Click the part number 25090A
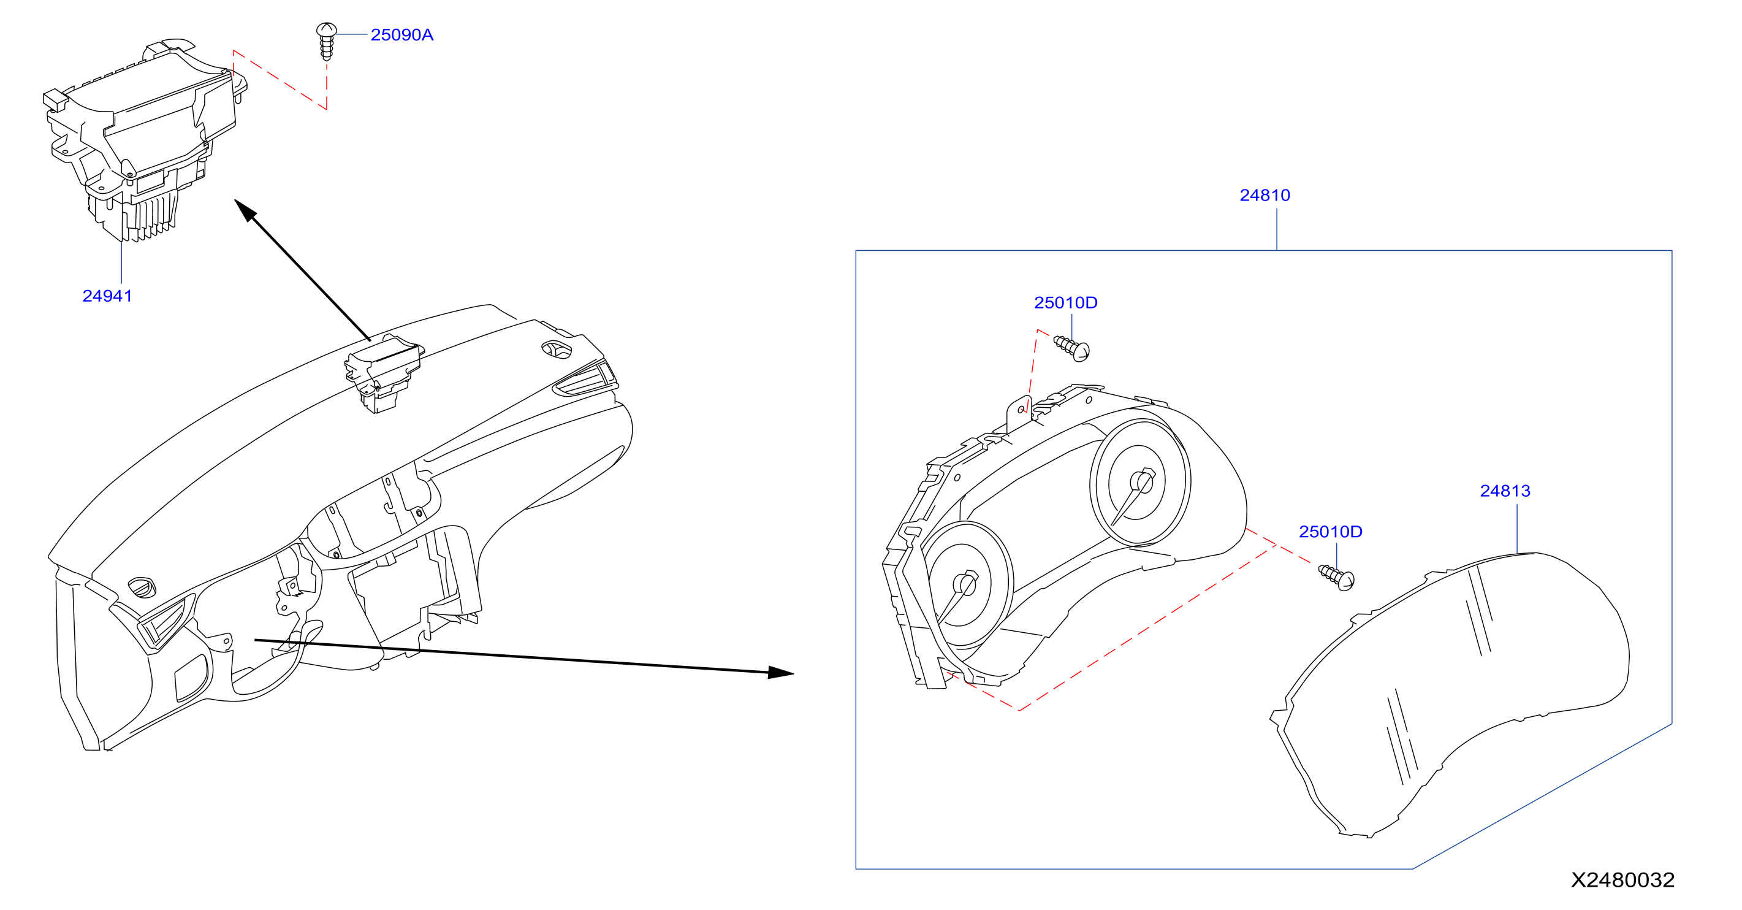click(x=401, y=34)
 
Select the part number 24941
click(x=107, y=296)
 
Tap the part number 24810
click(x=1265, y=195)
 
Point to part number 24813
click(x=1505, y=491)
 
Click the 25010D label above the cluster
click(x=1065, y=302)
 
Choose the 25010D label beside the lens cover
click(x=1330, y=532)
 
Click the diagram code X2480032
click(x=1622, y=879)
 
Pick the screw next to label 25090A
click(x=327, y=41)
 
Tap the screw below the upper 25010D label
click(x=1072, y=348)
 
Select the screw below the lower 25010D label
click(x=1337, y=578)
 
